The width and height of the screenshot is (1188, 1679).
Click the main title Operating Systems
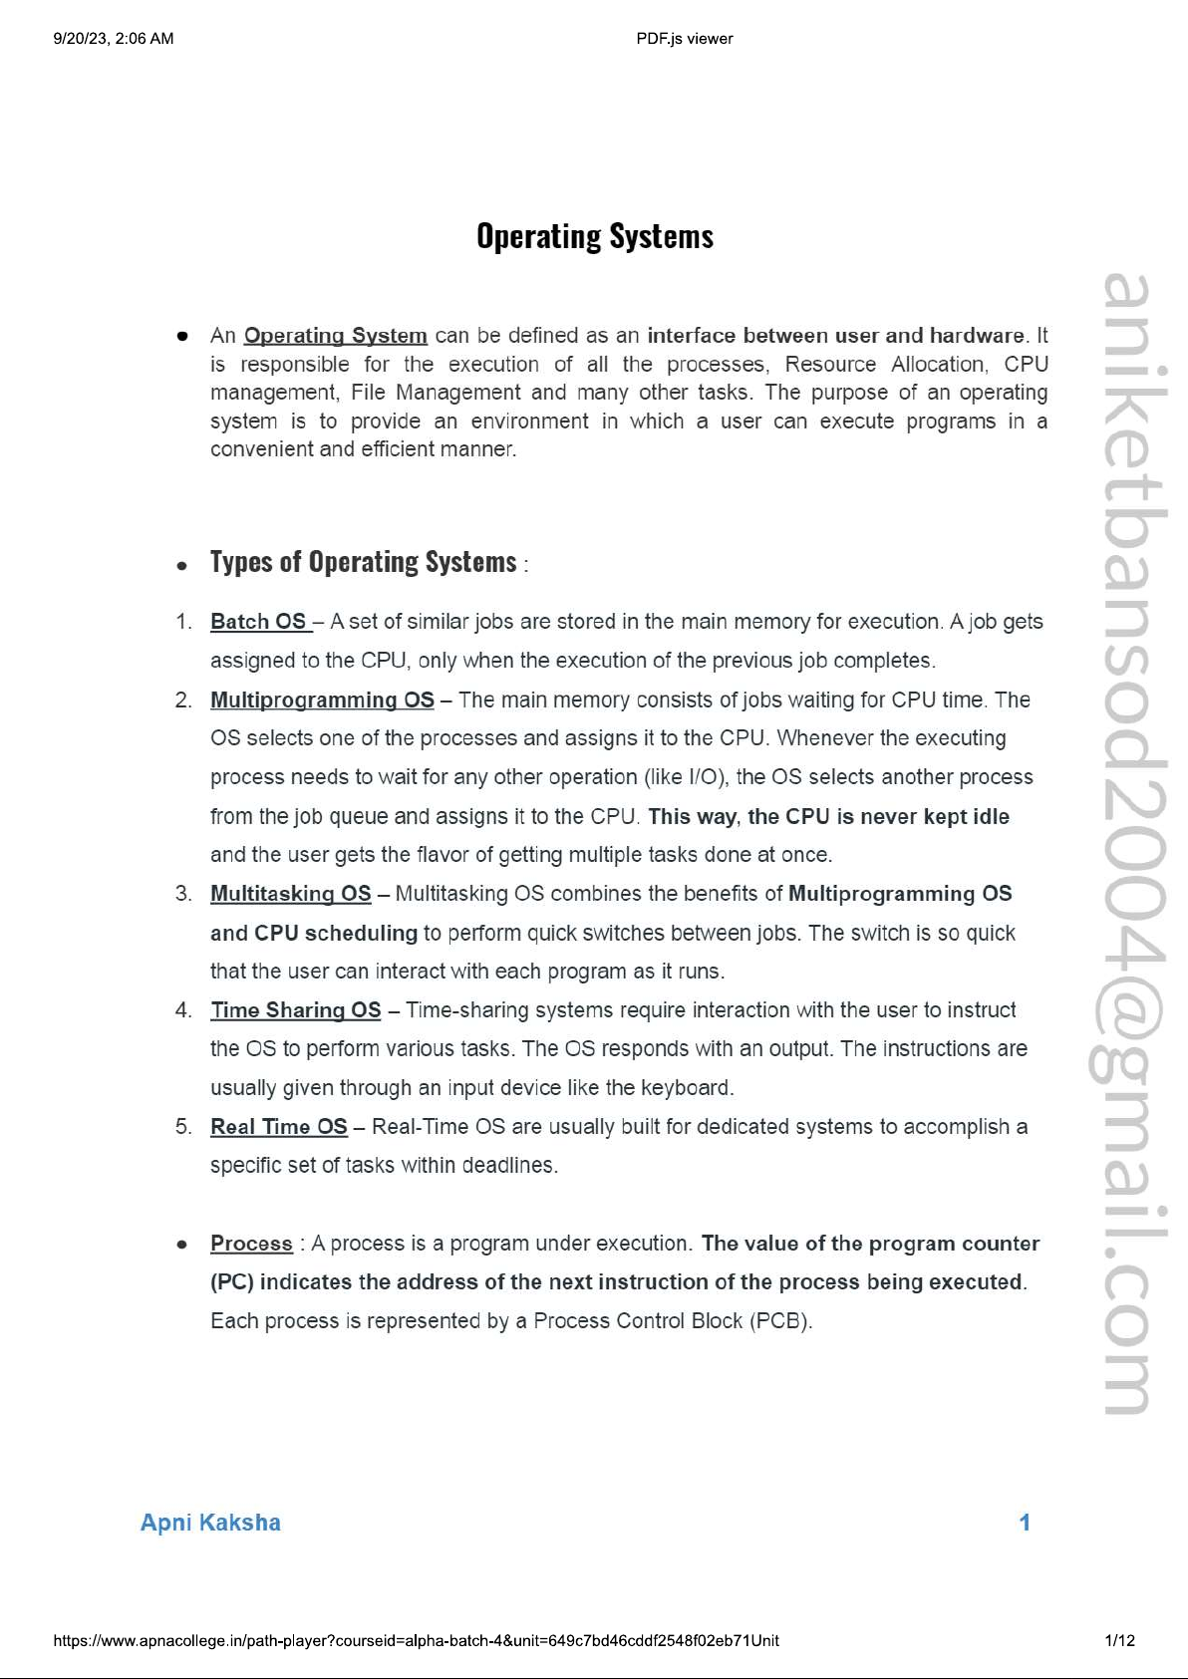coord(595,237)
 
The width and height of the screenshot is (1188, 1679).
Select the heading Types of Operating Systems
coord(363,562)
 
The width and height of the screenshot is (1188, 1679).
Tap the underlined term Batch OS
coord(258,622)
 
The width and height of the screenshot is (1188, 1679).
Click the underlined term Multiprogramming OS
coord(322,700)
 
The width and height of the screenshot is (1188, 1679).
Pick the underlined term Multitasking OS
coord(290,894)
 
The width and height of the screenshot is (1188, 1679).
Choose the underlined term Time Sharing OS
coord(295,1010)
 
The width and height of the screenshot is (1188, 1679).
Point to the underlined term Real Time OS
coord(278,1127)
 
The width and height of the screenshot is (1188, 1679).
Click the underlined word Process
coord(251,1244)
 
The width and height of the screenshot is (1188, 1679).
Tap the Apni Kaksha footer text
coord(210,1523)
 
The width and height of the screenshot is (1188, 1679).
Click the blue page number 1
coord(1024,1523)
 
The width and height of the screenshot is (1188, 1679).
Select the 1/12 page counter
coord(1119,1640)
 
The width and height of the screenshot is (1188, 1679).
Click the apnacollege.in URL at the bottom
coord(416,1640)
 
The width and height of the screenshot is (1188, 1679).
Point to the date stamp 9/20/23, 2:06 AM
coord(114,39)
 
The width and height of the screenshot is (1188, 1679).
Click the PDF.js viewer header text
coord(684,39)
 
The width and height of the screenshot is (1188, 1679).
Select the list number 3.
coord(183,894)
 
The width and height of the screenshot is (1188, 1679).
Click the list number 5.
coord(183,1127)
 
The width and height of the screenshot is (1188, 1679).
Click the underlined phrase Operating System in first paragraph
coord(335,336)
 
